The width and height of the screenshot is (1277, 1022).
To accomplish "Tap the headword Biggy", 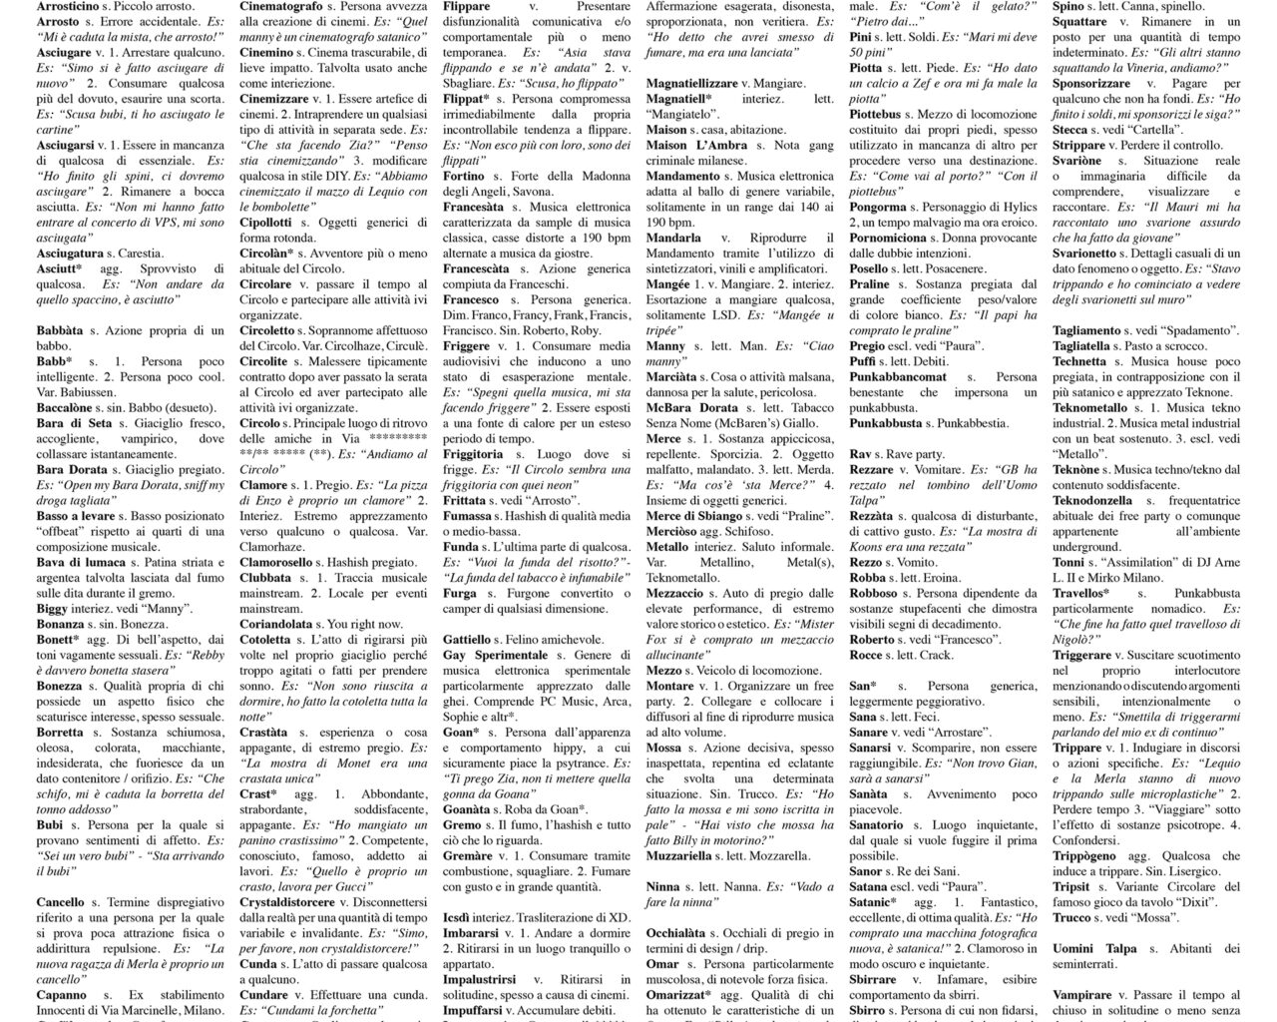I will click(x=53, y=608).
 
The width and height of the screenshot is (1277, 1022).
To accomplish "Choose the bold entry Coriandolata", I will click(x=276, y=623).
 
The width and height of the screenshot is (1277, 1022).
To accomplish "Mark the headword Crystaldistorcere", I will click(x=287, y=902).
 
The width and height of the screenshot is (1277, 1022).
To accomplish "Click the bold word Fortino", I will click(x=463, y=177).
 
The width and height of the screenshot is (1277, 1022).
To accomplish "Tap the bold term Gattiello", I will click(x=467, y=639).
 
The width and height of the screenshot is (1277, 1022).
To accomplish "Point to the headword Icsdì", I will click(x=460, y=917).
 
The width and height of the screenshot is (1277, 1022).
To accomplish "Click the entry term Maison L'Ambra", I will click(x=696, y=145).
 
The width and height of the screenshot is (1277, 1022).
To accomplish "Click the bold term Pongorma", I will click(x=878, y=207).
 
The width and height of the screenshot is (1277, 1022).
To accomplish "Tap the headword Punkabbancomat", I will click(x=898, y=377).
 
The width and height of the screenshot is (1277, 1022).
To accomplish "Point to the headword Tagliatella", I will click(x=1080, y=346).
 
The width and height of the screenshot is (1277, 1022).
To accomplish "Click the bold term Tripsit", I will click(x=1071, y=886).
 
